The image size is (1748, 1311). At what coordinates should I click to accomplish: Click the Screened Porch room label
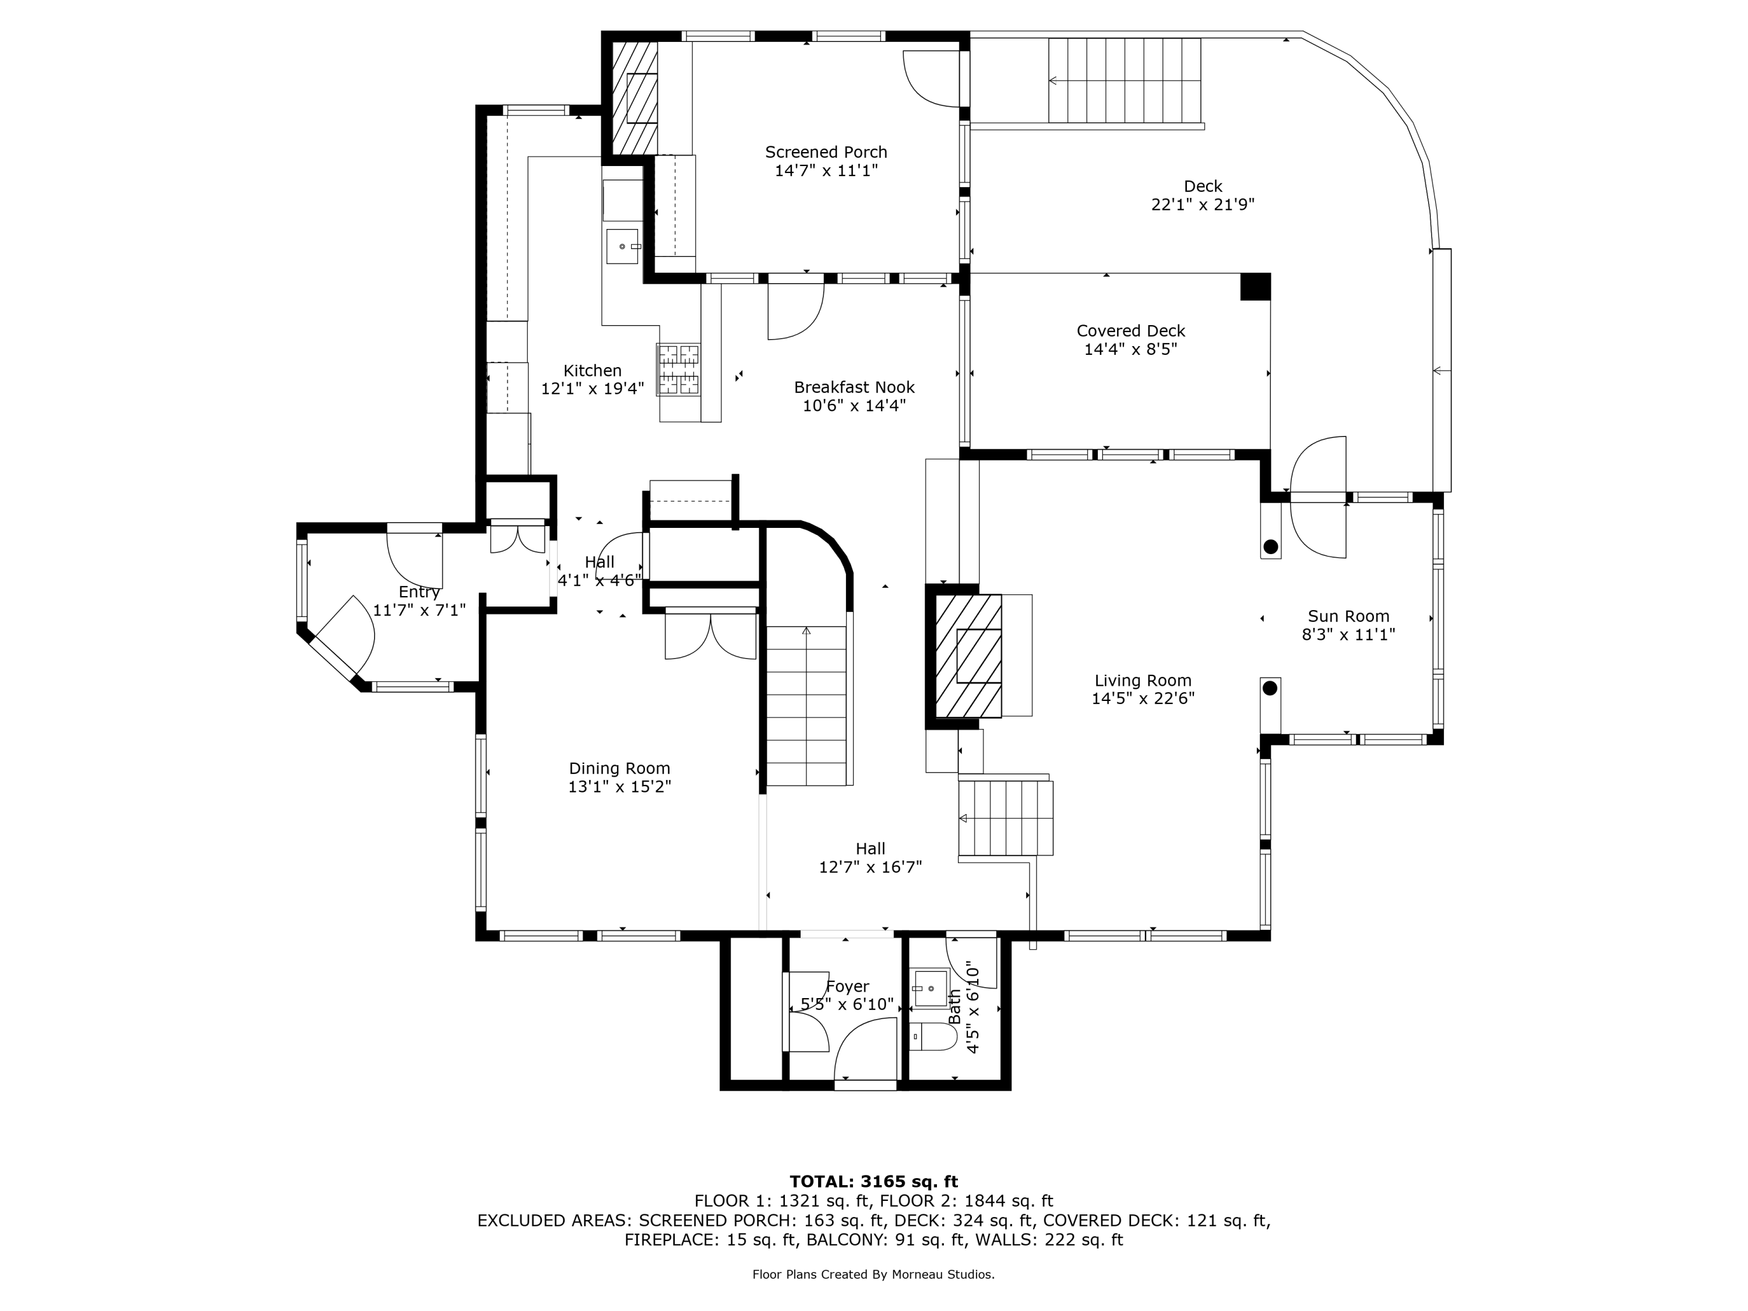point(826,151)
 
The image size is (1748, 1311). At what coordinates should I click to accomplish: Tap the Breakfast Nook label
point(854,387)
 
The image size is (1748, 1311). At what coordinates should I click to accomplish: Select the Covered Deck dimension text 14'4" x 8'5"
point(1131,349)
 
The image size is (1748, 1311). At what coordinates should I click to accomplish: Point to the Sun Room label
point(1348,616)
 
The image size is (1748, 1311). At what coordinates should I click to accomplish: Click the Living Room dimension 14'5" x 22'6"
point(1143,699)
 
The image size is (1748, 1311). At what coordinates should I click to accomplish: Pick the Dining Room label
point(619,768)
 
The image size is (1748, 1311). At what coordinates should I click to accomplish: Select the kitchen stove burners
point(679,369)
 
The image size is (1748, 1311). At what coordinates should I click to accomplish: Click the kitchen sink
point(623,246)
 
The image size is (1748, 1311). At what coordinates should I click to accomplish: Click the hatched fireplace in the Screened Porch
point(635,98)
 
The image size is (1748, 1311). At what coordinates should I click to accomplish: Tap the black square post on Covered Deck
point(1255,286)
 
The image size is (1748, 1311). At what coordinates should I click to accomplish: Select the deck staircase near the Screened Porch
point(1125,80)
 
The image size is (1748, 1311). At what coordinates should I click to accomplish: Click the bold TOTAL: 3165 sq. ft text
point(874,1182)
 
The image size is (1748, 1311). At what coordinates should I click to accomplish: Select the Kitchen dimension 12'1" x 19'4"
point(593,389)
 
